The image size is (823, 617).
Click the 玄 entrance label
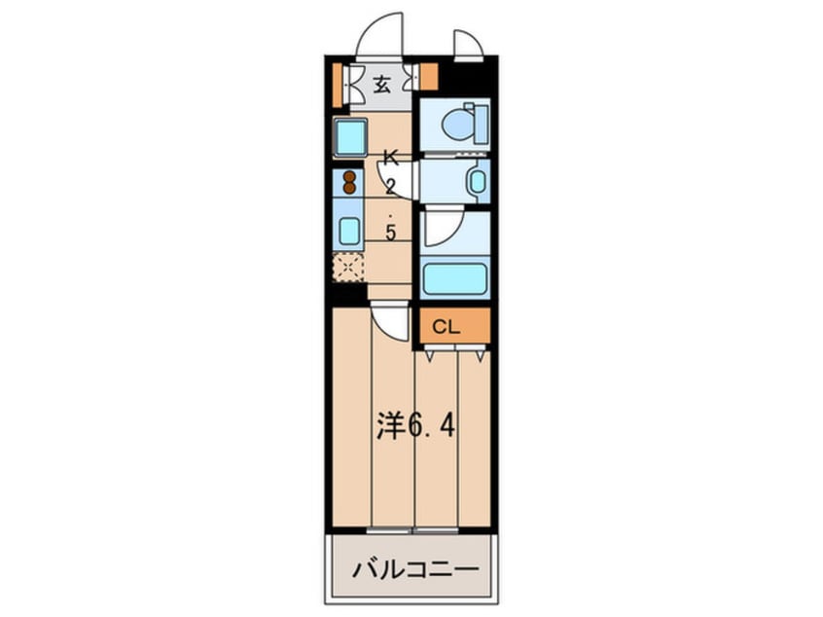coord(381,85)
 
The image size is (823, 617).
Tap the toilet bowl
coord(456,125)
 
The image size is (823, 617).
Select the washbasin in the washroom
coord(476,182)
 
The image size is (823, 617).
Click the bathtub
coord(453,278)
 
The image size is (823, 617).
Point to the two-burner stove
coord(348,182)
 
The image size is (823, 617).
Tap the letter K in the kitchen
coord(390,156)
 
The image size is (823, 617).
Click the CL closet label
coord(446,327)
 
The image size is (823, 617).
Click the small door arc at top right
coord(467,45)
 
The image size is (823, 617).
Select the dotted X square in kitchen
coord(347,267)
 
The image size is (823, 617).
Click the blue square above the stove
coord(349,137)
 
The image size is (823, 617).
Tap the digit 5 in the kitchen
coord(390,233)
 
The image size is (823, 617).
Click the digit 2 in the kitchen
coord(390,188)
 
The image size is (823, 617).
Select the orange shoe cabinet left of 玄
coord(337,86)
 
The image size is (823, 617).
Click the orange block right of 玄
coord(428,76)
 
